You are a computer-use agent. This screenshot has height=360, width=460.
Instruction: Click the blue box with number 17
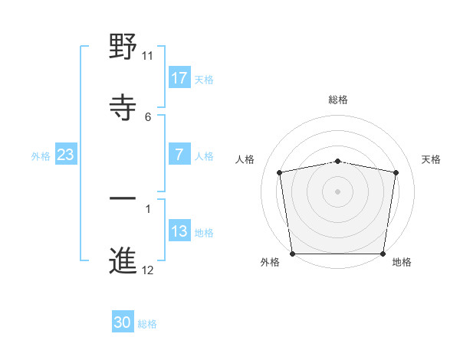click(x=179, y=77)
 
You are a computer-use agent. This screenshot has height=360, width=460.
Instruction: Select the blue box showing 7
click(x=179, y=155)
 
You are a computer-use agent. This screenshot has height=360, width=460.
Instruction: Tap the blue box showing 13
click(x=179, y=231)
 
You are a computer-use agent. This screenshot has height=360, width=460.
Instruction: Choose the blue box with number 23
click(x=65, y=155)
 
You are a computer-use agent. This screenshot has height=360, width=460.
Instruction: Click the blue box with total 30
click(x=123, y=322)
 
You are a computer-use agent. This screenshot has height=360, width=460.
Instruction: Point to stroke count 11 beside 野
click(x=148, y=55)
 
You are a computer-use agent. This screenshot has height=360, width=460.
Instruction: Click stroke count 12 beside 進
click(x=148, y=270)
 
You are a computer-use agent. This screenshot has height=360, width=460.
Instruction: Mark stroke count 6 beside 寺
click(x=148, y=116)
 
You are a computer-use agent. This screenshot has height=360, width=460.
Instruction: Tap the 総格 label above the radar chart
click(x=338, y=100)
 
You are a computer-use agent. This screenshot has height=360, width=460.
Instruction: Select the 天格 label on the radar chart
click(x=431, y=159)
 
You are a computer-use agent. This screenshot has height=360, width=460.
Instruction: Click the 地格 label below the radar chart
click(x=402, y=262)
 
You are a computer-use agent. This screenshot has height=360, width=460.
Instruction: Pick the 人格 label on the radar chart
click(x=245, y=159)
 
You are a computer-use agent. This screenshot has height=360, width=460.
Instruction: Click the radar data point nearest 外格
click(x=292, y=254)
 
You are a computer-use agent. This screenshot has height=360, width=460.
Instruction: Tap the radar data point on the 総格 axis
click(x=338, y=161)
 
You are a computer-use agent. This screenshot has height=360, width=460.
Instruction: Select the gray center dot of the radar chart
click(x=338, y=190)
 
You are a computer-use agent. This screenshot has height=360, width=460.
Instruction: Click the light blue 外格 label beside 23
click(x=41, y=155)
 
